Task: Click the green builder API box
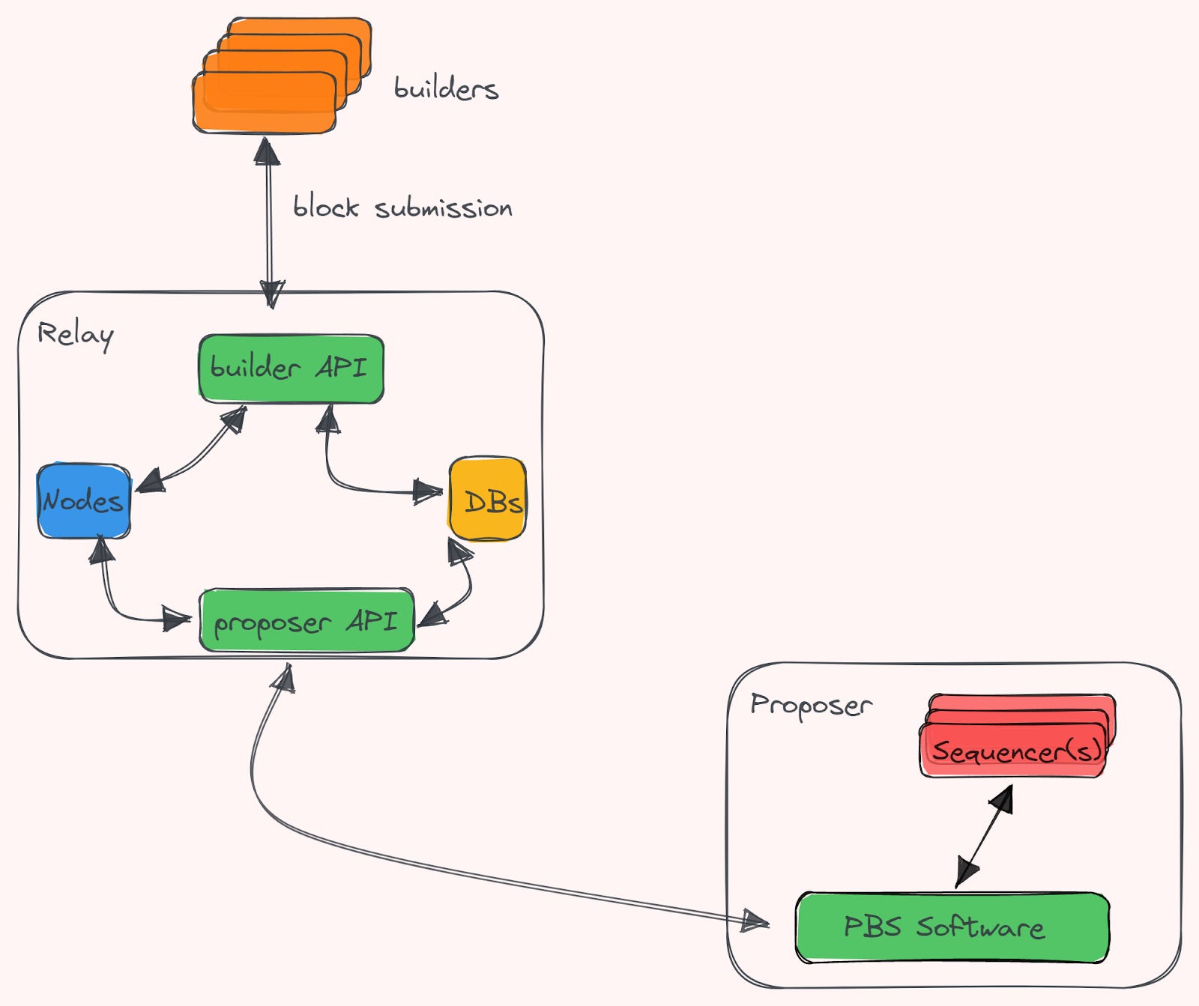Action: [x=291, y=369]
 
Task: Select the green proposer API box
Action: [x=306, y=620]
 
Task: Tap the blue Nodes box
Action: [x=83, y=500]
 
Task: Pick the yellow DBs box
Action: [x=487, y=499]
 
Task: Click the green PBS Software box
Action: [x=951, y=927]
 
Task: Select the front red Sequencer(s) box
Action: [x=1013, y=751]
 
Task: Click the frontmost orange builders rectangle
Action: [x=264, y=103]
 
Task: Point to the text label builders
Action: [x=446, y=88]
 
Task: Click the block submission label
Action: [x=402, y=207]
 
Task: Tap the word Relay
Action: [x=75, y=334]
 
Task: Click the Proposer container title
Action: [x=811, y=705]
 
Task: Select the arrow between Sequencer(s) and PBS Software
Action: [x=985, y=835]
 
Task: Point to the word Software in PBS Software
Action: [x=981, y=927]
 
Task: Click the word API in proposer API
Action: [x=372, y=620]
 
